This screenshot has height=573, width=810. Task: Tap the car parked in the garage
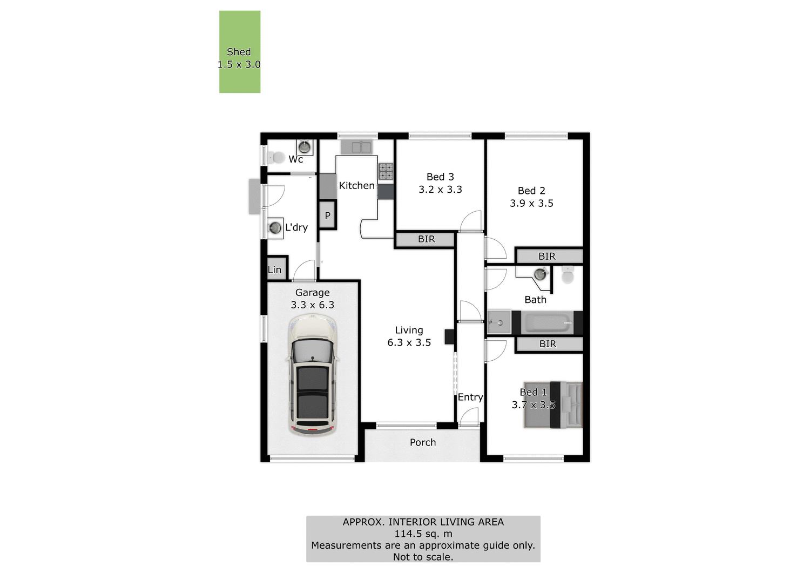pyautogui.click(x=313, y=375)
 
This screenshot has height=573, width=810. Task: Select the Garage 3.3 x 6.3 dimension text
pyautogui.click(x=312, y=305)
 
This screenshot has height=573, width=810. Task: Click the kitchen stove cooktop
pyautogui.click(x=386, y=171)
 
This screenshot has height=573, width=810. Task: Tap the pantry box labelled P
pyautogui.click(x=327, y=215)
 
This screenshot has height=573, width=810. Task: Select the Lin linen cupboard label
pyautogui.click(x=275, y=269)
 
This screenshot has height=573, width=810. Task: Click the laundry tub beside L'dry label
pyautogui.click(x=275, y=227)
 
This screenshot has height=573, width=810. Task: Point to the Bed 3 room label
pyautogui.click(x=440, y=177)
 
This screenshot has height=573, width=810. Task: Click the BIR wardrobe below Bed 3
pyautogui.click(x=426, y=239)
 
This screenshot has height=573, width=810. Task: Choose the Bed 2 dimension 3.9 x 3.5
pyautogui.click(x=531, y=204)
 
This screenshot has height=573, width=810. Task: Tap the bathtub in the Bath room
pyautogui.click(x=548, y=323)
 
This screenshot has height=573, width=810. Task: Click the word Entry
pyautogui.click(x=470, y=397)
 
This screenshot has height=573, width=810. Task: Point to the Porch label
pyautogui.click(x=422, y=442)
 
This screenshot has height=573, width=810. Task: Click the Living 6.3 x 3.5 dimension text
pyautogui.click(x=409, y=342)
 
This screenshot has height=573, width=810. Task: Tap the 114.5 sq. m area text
pyautogui.click(x=423, y=534)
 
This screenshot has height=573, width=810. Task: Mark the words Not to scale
pyautogui.click(x=423, y=557)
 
